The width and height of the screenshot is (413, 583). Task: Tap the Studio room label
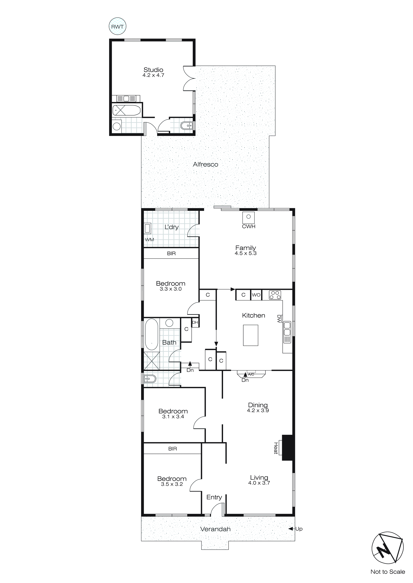(x=153, y=70)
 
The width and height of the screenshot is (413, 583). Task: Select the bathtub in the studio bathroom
(x=126, y=110)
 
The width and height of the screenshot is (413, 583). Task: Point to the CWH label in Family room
(x=248, y=226)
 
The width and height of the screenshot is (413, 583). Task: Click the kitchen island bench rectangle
(x=251, y=335)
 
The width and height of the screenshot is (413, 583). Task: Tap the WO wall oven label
(x=256, y=295)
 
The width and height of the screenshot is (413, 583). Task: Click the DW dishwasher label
(x=279, y=319)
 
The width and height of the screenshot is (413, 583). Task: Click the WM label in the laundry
(x=150, y=239)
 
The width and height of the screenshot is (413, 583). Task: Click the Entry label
(x=214, y=497)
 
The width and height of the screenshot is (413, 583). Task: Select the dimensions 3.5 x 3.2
(x=172, y=484)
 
